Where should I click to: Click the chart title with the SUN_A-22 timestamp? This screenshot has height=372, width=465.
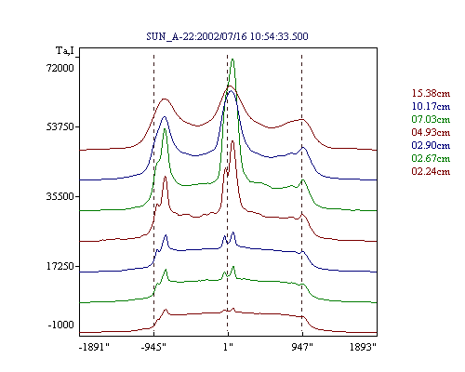tap(227, 36)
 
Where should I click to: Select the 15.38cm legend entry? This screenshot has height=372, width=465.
tap(431, 93)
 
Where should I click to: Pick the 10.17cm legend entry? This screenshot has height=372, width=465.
tap(431, 106)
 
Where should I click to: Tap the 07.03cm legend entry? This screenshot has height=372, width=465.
tap(431, 119)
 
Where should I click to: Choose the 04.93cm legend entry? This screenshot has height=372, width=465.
tap(431, 132)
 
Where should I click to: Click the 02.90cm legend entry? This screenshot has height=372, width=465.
tap(431, 145)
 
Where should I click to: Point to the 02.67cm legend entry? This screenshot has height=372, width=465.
tap(431, 158)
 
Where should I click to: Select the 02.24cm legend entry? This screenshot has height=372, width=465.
tap(431, 171)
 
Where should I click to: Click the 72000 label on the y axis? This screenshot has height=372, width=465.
tap(60, 68)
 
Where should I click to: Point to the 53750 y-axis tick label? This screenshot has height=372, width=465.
tap(60, 126)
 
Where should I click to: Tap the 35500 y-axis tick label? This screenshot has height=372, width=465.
tap(60, 196)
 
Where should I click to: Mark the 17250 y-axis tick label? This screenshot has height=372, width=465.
tap(60, 266)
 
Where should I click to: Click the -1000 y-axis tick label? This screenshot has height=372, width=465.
tap(61, 325)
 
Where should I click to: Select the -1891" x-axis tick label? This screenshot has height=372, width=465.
tap(95, 347)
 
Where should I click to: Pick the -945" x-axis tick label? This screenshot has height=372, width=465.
tap(153, 347)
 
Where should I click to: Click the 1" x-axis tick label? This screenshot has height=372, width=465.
tap(228, 347)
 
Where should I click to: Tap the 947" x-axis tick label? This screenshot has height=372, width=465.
tap(302, 347)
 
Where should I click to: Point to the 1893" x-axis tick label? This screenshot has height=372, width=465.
tap(363, 347)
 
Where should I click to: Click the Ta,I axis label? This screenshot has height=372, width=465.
tap(65, 50)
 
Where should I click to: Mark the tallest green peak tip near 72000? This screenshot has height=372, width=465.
tap(232, 60)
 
